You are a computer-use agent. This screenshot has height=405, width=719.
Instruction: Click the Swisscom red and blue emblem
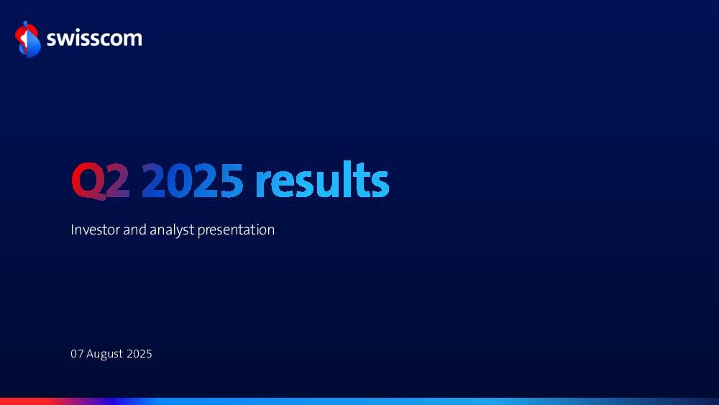click(x=27, y=40)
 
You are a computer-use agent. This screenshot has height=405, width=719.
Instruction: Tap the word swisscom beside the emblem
click(x=94, y=39)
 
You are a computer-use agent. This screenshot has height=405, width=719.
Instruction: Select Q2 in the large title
click(x=101, y=181)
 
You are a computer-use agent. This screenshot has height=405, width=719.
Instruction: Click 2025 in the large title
click(x=192, y=181)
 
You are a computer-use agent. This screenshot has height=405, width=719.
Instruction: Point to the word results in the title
click(x=322, y=179)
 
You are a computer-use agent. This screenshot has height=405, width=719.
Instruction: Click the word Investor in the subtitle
click(x=96, y=229)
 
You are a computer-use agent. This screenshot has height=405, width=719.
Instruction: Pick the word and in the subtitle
click(x=135, y=229)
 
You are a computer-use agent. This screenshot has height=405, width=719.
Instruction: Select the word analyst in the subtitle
click(x=172, y=230)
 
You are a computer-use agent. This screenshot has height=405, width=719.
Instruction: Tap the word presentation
click(x=236, y=230)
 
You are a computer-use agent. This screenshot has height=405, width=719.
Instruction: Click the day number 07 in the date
click(x=77, y=354)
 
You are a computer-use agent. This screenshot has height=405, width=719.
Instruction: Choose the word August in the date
click(x=104, y=354)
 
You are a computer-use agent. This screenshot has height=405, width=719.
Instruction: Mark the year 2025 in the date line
click(x=139, y=354)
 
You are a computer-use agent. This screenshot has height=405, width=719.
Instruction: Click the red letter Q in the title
click(x=88, y=181)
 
